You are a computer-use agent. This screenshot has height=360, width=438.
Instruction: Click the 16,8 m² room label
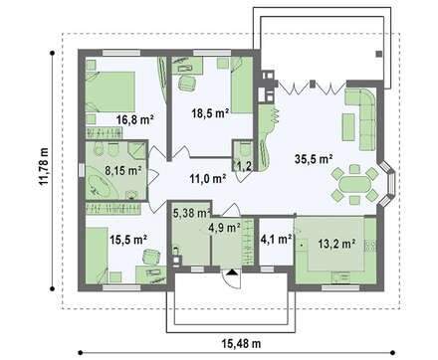point(134,119)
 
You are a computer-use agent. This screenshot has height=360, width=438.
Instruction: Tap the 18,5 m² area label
point(210,113)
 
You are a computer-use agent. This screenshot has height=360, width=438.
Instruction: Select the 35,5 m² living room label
point(314,159)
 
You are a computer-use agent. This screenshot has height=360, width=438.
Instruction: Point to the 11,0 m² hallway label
point(208,179)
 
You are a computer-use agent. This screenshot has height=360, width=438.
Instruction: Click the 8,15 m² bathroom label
point(123,171)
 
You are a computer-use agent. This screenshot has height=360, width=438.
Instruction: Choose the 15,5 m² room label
point(128,240)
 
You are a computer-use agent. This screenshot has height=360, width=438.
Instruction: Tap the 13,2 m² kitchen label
point(337,244)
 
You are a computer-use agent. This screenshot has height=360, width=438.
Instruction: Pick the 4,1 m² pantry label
point(276,239)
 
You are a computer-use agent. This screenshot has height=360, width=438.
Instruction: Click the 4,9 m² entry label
point(224,228)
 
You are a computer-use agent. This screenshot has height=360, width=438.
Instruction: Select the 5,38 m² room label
point(192,213)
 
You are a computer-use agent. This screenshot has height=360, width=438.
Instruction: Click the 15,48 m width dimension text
point(241,344)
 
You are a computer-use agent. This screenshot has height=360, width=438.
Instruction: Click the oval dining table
point(354,183)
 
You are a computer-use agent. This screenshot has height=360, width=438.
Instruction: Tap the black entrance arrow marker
point(232,272)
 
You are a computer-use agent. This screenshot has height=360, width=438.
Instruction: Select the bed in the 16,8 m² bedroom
point(110,91)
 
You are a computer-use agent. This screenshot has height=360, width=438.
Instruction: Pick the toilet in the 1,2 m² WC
point(246,150)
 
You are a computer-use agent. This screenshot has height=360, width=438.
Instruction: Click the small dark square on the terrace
point(378,54)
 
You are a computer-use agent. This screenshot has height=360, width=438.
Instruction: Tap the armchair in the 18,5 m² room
point(187,84)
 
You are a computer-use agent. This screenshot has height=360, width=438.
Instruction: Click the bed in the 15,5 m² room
point(97,256)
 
